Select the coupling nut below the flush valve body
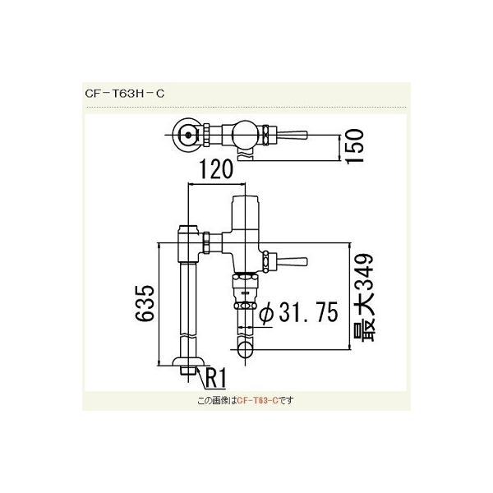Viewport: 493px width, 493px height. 244,292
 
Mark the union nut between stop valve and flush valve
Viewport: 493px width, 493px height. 216,243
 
